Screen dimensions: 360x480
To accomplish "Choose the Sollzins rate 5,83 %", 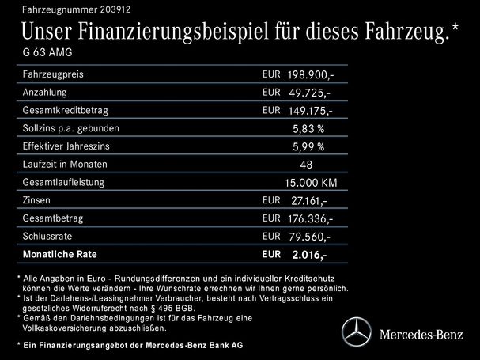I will coord(308,128).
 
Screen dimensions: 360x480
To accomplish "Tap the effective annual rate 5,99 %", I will coord(308,146).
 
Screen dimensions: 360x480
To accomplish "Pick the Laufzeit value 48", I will coord(307,165).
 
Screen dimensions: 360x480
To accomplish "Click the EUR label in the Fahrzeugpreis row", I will coord(270,74).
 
